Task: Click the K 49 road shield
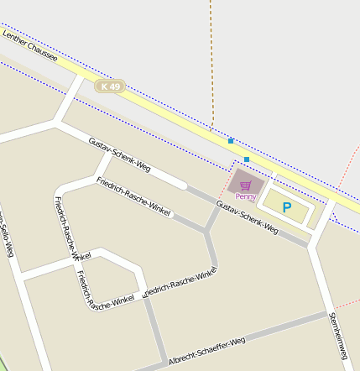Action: pos(110,86)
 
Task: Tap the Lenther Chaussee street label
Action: pos(29,46)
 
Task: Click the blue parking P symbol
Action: pos(287,207)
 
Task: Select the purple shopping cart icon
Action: pos(245,185)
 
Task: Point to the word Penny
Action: pos(246,196)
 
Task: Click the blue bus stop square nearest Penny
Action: pos(247,159)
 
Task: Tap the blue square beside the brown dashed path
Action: pos(231,141)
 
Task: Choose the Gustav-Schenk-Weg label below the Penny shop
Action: pos(247,217)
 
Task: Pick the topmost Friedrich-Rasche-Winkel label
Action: pos(133,196)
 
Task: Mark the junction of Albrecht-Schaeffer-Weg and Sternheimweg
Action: pos(327,315)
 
